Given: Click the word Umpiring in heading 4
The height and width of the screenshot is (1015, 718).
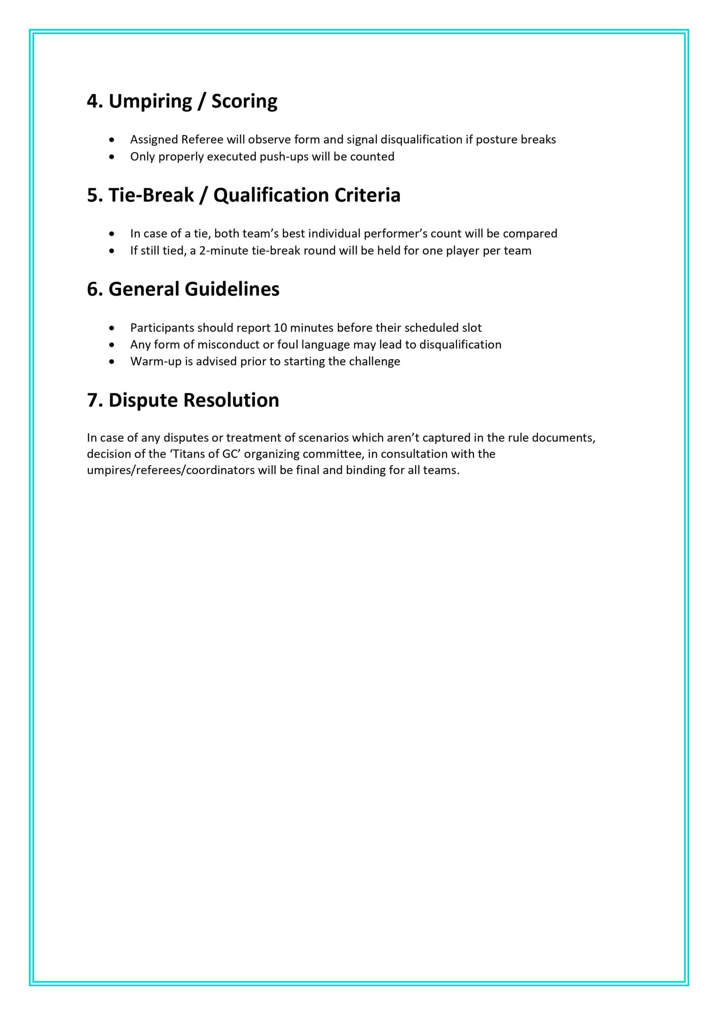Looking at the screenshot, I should point(150,101).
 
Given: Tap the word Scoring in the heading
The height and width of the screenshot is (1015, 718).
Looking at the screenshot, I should point(244,101).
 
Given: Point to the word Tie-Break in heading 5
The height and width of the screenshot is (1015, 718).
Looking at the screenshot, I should point(151,195).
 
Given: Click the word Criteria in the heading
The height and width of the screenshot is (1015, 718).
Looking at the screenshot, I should point(367,195).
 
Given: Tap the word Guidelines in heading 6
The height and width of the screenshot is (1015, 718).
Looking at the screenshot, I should point(232,289).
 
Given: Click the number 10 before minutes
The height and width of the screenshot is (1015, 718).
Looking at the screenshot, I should point(280,327).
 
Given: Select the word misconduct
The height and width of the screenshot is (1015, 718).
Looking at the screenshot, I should point(228,345).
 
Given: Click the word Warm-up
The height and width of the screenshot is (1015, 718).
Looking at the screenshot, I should point(156,361).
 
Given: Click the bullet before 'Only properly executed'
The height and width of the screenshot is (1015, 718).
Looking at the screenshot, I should point(111,157).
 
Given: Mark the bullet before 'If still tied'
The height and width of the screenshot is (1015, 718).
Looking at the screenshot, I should point(111,251).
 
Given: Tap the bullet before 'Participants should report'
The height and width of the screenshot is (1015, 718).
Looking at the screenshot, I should point(111,328).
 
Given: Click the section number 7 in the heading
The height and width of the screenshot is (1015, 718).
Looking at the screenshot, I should point(93,400).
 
